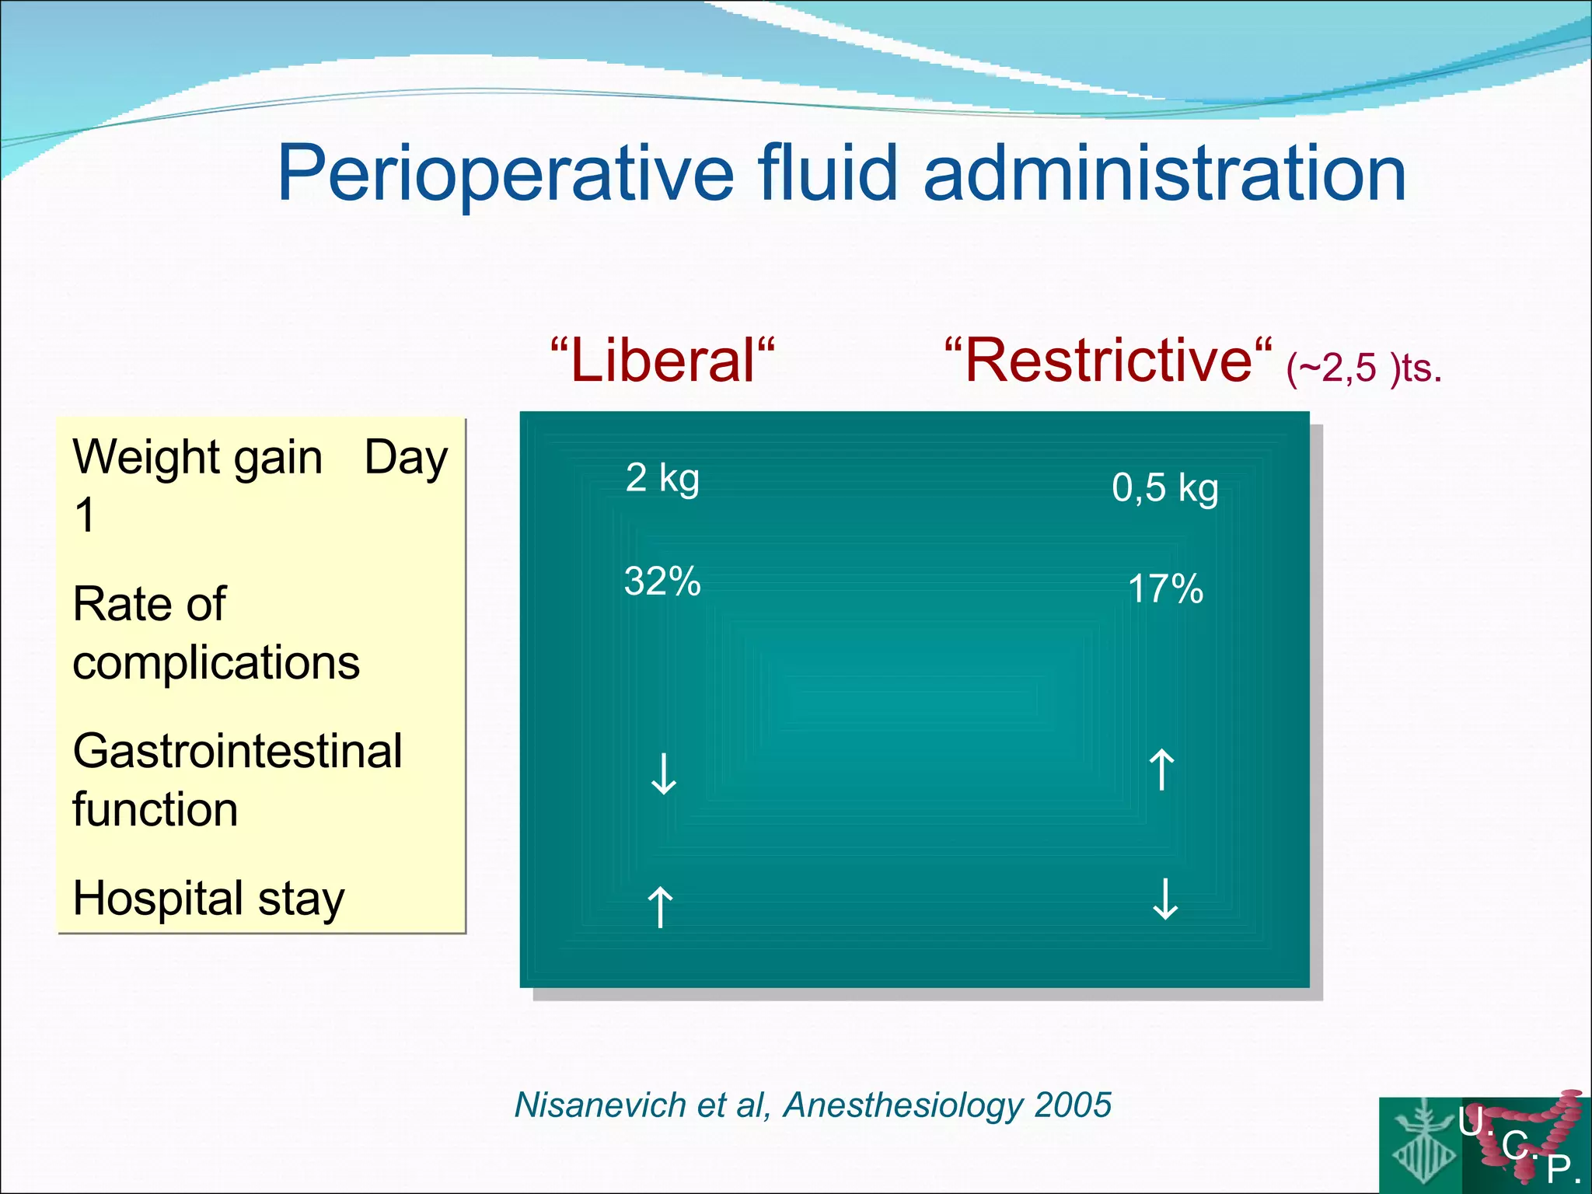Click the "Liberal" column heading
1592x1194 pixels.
[x=662, y=361]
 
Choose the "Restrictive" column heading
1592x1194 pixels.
[x=1108, y=361]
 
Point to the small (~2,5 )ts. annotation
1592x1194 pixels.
[x=1363, y=368]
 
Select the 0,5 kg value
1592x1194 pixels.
[x=1164, y=488]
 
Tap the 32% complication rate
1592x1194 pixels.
[x=662, y=581]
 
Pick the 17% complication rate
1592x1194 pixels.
[x=1164, y=588]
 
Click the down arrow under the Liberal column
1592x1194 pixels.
[x=663, y=773]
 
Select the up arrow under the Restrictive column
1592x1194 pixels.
[x=1161, y=770]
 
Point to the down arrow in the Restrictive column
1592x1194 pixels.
[x=1164, y=899]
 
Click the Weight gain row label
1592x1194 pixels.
[x=197, y=457]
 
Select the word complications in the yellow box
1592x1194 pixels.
[x=216, y=663]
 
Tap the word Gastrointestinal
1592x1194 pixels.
[x=237, y=751]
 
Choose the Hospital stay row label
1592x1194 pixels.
[x=208, y=899]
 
